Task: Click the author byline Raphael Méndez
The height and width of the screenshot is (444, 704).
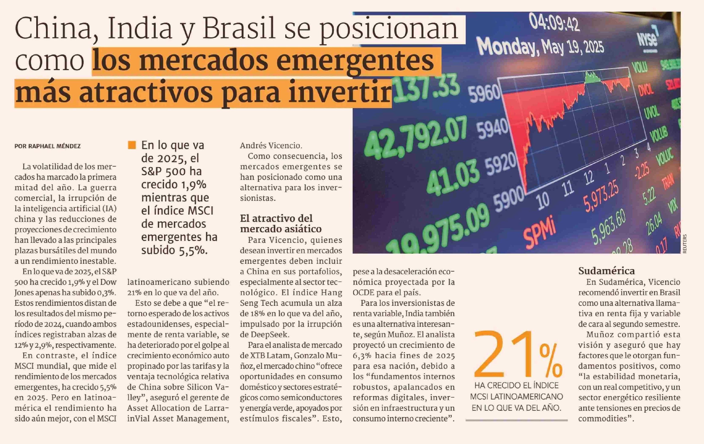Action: click(x=47, y=146)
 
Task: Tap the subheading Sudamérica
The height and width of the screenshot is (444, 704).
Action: click(x=606, y=271)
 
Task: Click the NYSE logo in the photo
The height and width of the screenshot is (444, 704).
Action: click(x=648, y=39)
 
